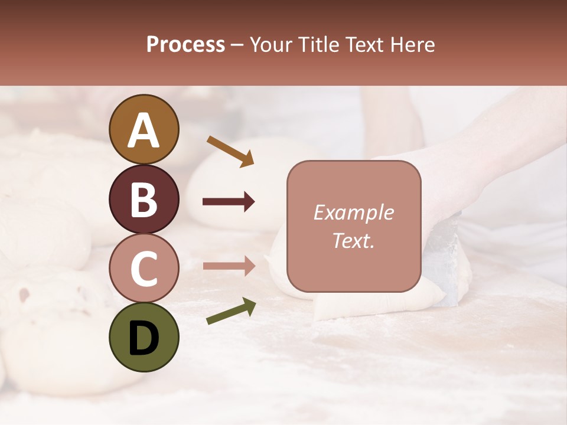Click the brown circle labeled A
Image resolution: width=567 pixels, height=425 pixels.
(x=144, y=129)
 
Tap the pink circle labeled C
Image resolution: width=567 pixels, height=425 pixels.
(x=144, y=268)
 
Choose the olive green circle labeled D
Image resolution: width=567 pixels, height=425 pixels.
(x=144, y=337)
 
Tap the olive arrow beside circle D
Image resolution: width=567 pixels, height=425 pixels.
(x=230, y=312)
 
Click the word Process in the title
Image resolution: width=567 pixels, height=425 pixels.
(x=185, y=45)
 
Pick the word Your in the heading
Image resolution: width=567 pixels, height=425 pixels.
(x=272, y=45)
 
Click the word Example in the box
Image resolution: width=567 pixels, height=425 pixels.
(x=353, y=213)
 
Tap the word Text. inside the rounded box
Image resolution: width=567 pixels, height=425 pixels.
(x=353, y=241)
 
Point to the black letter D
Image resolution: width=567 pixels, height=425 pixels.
(x=144, y=338)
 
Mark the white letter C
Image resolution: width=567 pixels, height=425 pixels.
(x=144, y=269)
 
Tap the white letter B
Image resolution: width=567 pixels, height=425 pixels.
(x=144, y=200)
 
